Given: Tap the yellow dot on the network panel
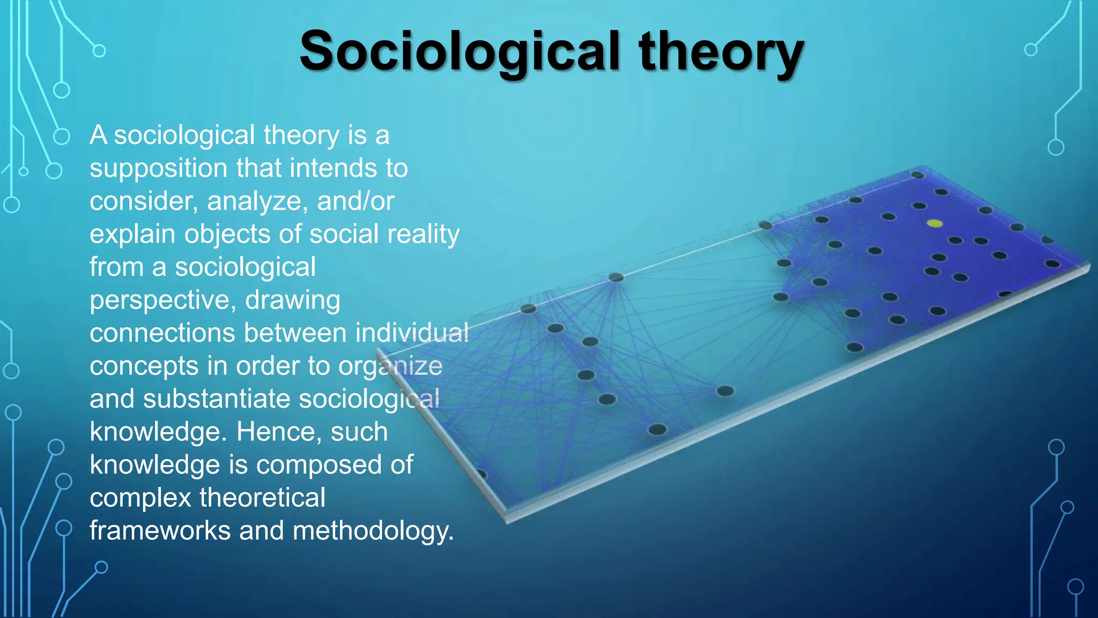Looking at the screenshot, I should click(x=934, y=223).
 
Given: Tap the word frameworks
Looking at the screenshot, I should click(x=160, y=531).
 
